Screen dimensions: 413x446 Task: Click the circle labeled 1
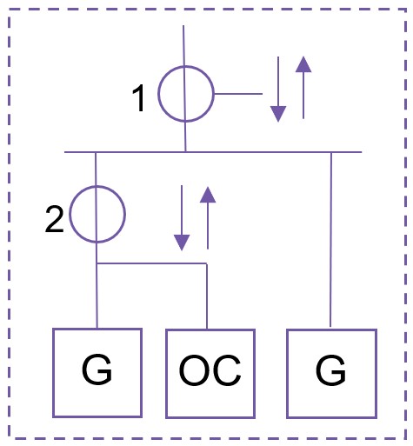158,94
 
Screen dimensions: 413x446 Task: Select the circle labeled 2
70,214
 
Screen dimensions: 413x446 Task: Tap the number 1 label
139,98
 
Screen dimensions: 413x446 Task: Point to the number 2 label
54,219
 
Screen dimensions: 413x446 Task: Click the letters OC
210,370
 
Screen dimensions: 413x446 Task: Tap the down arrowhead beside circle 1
278,114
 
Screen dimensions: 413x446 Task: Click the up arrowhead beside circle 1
303,64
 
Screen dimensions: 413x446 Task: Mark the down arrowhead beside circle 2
182,243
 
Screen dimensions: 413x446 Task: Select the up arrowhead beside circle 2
208,195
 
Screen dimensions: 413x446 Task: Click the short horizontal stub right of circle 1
238,94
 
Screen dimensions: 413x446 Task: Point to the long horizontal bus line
213,152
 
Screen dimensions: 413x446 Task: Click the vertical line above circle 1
183,46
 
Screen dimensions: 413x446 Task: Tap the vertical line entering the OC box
207,296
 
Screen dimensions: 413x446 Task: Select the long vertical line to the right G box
331,240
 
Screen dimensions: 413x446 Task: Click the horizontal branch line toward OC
152,263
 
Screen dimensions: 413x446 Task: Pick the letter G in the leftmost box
97,369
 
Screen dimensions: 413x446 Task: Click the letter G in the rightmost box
330,370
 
